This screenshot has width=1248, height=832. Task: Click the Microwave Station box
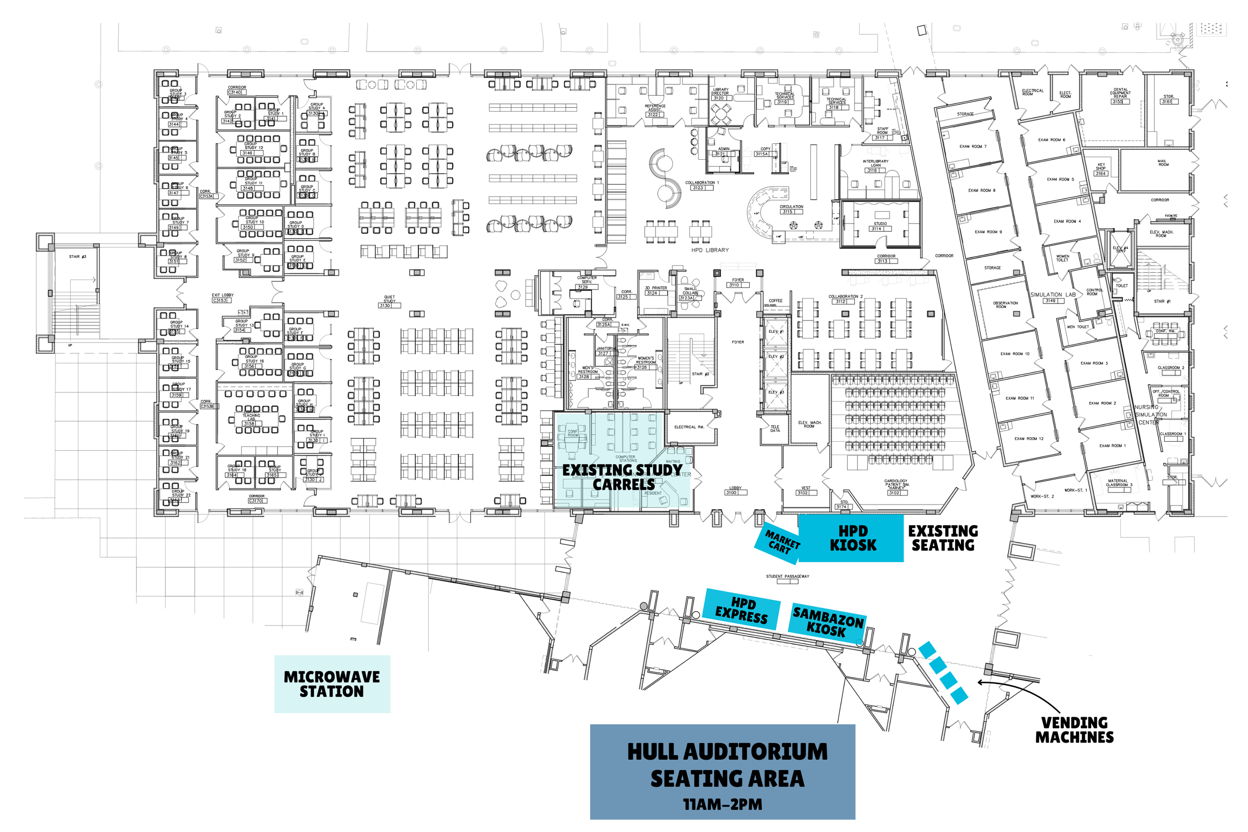pyautogui.click(x=332, y=684)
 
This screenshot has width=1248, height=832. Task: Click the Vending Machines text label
pyautogui.click(x=1074, y=730)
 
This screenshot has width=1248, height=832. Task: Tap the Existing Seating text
pyautogui.click(x=943, y=538)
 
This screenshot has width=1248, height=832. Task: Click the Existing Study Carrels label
pyautogui.click(x=623, y=477)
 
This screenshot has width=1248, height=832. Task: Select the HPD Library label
pyautogui.click(x=710, y=250)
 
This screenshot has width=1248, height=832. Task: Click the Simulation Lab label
pyautogui.click(x=1053, y=294)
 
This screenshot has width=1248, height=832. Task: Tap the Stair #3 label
pyautogui.click(x=77, y=257)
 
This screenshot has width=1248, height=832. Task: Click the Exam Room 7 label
pyautogui.click(x=972, y=146)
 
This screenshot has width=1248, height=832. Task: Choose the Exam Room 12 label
pyautogui.click(x=1028, y=439)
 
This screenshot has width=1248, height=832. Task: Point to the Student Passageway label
pyautogui.click(x=787, y=576)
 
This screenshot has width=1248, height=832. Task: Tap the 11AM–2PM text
pyautogui.click(x=722, y=805)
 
